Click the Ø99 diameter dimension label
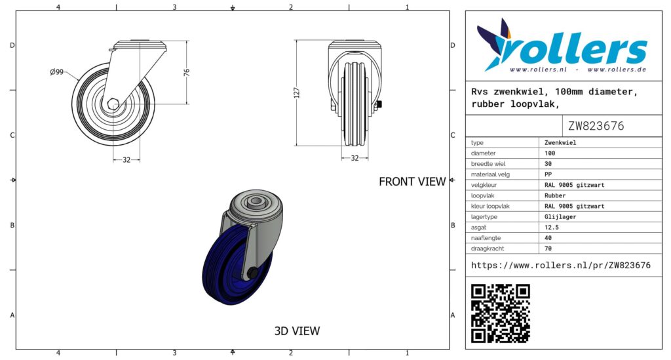pos(56,72)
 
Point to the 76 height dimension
pos(187,72)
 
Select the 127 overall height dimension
pos(297,93)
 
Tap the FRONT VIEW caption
pos(412,182)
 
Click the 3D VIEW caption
pos(297,331)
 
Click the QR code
pos(500,313)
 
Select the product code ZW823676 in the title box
pos(596,126)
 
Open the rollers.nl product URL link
pos(561,266)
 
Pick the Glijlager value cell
pos(560,216)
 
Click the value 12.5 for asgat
pos(552,228)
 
